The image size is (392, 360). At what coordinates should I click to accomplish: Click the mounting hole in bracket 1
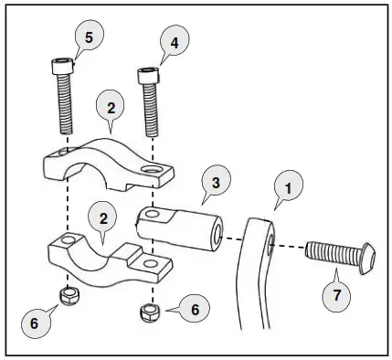[271, 243]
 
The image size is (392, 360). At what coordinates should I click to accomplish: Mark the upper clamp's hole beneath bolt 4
[152, 169]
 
